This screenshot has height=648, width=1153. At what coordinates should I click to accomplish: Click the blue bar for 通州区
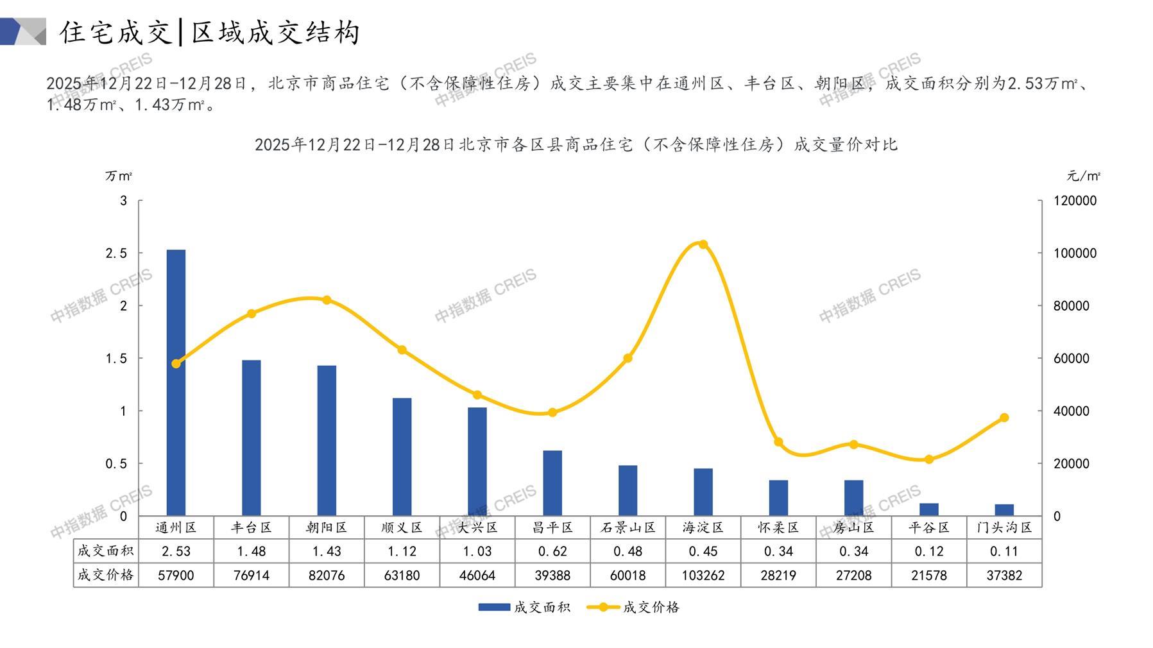click(x=176, y=382)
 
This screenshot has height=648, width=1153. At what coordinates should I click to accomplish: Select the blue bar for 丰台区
click(x=251, y=438)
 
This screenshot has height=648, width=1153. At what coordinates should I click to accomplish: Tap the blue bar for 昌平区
click(x=552, y=483)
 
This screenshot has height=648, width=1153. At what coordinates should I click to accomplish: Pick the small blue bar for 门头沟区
click(x=1004, y=510)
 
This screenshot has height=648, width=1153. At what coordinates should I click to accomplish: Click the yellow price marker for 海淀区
click(x=703, y=244)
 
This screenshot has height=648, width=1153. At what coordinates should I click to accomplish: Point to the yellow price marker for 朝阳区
click(x=327, y=300)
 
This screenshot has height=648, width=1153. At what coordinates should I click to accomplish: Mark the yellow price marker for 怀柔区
click(x=778, y=442)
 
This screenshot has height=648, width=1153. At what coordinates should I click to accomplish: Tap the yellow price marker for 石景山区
click(x=628, y=358)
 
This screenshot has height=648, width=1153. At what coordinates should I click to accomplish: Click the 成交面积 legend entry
click(x=524, y=607)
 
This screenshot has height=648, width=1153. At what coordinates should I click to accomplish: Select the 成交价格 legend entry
click(x=633, y=607)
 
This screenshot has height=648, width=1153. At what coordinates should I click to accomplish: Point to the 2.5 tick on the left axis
click(x=117, y=253)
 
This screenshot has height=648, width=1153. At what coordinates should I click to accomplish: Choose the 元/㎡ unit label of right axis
click(x=1084, y=176)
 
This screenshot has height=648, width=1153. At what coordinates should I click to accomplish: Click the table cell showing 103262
click(x=703, y=576)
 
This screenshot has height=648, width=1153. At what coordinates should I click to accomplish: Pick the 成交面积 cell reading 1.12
click(x=402, y=551)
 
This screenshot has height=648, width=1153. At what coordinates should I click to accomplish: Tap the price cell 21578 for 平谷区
click(x=929, y=576)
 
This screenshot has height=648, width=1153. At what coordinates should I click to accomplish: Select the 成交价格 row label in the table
click(x=105, y=576)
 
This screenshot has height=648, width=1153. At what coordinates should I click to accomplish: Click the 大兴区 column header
click(x=477, y=528)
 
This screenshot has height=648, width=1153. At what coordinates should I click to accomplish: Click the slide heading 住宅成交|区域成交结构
click(x=210, y=32)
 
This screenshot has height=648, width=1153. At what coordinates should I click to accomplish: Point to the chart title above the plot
click(x=576, y=145)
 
